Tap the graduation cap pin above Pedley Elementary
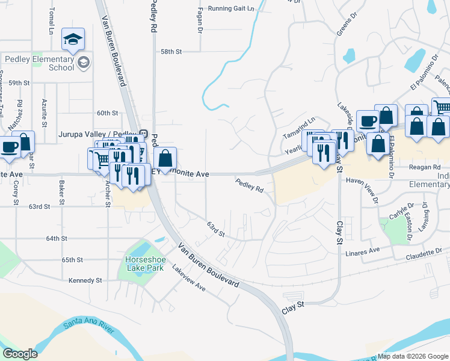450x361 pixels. (x=73, y=40)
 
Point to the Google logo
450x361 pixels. (x=19, y=354)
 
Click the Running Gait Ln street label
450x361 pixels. (x=231, y=9)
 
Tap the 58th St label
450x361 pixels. (x=171, y=52)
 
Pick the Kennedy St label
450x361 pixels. (x=85, y=280)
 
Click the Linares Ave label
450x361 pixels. (x=362, y=250)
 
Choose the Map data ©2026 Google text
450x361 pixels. (x=413, y=356)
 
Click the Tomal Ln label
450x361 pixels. (x=52, y=20)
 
